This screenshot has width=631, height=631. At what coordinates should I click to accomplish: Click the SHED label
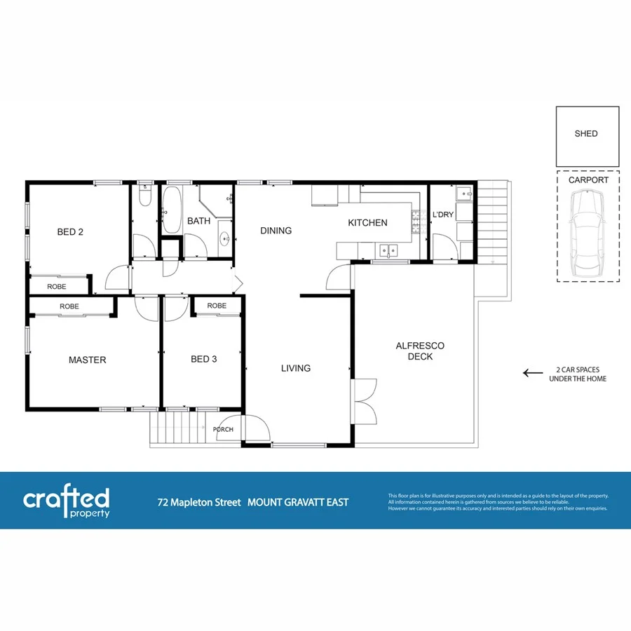point(586,134)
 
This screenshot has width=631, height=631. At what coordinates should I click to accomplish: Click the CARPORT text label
point(588,179)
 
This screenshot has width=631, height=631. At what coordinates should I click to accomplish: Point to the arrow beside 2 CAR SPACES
point(533,373)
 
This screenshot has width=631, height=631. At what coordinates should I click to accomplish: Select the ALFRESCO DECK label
point(420,351)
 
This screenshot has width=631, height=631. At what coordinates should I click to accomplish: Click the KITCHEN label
point(367,223)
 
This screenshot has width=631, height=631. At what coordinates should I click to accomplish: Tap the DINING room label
point(276,231)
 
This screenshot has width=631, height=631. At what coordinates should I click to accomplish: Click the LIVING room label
point(295,368)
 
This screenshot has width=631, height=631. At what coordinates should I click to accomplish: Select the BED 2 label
point(70,232)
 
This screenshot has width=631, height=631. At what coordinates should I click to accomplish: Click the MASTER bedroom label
point(87,360)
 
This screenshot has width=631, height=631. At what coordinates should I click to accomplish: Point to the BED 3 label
point(203,360)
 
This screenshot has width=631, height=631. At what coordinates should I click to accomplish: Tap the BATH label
point(198,222)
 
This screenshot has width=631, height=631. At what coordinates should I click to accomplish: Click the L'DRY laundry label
point(443,215)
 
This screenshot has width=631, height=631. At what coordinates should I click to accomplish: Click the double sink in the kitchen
point(387,250)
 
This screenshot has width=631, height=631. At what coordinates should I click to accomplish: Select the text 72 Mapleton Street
point(198,502)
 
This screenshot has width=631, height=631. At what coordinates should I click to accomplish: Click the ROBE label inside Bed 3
point(217,306)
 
